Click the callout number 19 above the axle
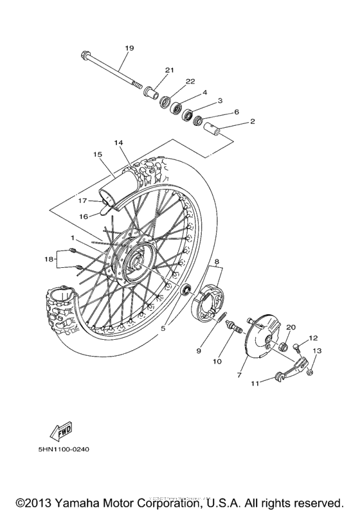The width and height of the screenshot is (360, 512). tap(129, 48)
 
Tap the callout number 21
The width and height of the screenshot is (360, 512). tap(170, 70)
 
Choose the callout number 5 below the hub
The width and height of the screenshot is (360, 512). tap(163, 328)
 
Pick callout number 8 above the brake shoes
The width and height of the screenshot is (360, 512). tap(217, 262)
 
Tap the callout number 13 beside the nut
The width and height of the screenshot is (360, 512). tap(316, 351)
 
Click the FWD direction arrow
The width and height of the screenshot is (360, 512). tap(62, 428)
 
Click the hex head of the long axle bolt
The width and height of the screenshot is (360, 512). tap(85, 55)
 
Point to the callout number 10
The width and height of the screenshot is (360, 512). tap(217, 362)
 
